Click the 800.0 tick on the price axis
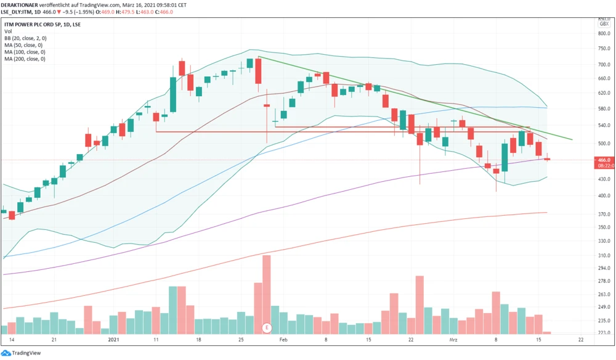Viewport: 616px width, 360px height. (x=604, y=33)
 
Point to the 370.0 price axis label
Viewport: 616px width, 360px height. (x=604, y=214)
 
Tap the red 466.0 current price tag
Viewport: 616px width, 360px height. (x=603, y=160)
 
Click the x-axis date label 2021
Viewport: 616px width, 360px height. (x=113, y=339)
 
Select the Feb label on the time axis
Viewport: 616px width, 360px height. (x=283, y=339)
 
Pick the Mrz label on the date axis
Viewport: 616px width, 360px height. (x=453, y=339)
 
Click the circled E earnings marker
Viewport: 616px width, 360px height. (x=267, y=327)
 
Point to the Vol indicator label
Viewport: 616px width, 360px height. (x=8, y=31)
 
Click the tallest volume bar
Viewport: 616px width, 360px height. (x=267, y=290)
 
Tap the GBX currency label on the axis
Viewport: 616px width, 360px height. (x=604, y=23)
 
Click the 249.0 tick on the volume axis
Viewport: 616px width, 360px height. (x=604, y=308)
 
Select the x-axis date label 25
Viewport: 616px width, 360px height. (x=241, y=339)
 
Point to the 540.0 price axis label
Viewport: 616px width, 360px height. (x=604, y=125)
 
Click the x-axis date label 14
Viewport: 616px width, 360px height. (x=12, y=339)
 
